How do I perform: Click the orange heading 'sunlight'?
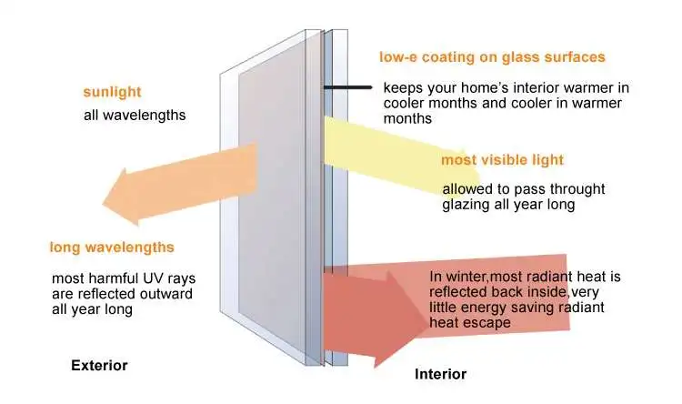coord(112,93)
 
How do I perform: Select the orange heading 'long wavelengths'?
coord(112,247)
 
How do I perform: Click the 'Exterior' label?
coord(99,366)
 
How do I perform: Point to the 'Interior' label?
coord(440,374)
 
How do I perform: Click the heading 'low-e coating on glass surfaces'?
coord(491,57)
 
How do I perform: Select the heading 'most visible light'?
coord(502,160)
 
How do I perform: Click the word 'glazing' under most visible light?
coord(466,205)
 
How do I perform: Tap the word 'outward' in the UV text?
coord(171,293)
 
